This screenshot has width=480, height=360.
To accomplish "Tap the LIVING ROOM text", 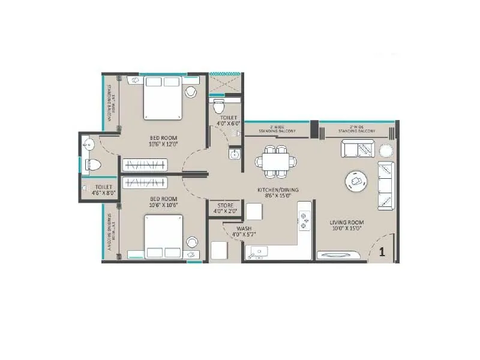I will pos(347,223).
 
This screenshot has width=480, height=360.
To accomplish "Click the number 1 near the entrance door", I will pos(382,252).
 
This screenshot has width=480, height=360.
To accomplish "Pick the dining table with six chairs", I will pos(275,161).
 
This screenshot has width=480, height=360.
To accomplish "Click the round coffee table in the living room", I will pos(356,180).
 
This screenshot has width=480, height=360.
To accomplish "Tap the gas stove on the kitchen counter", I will pos(304,220).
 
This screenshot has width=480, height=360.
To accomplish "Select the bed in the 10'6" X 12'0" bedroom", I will pos(163,98).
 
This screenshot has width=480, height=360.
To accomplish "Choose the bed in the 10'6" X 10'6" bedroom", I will pos(163,236).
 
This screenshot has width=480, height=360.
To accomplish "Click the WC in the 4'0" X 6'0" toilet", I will pos(219,107).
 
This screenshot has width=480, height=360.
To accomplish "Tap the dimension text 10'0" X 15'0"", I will pos(347,229).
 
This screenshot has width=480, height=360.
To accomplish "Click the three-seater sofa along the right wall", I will pos(385,185).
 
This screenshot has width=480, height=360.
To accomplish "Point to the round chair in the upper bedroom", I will pos(191,92).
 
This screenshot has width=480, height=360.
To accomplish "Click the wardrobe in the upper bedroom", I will pos(144,164).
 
